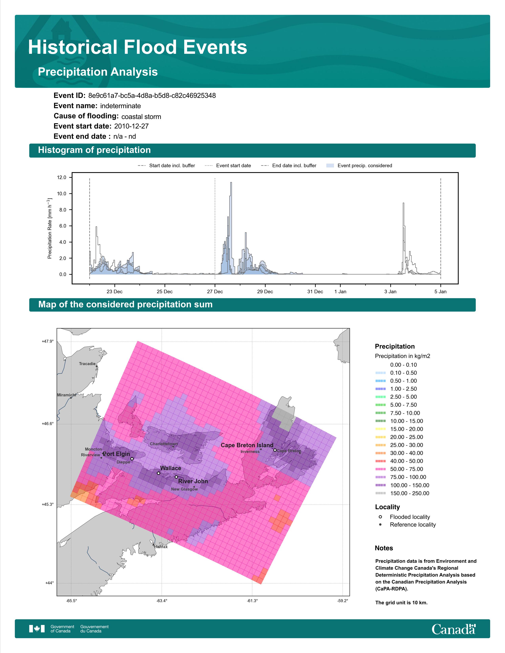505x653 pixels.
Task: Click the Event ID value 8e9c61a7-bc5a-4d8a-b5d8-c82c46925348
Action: click(152, 96)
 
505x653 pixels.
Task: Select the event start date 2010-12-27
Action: click(131, 126)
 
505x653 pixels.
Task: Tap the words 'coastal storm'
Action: click(141, 117)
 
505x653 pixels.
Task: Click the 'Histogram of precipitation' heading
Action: click(94, 150)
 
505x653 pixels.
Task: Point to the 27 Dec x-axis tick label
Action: click(215, 291)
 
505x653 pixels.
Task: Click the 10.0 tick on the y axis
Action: click(62, 194)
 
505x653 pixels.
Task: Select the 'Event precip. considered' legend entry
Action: click(359, 166)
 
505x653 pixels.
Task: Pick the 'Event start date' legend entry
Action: click(228, 166)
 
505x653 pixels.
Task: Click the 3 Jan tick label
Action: click(390, 291)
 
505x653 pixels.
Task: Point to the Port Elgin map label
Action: click(116, 454)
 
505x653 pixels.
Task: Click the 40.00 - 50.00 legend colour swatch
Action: click(381, 461)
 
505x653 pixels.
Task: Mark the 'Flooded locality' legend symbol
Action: click(380, 517)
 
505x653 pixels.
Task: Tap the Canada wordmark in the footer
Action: click(454, 629)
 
